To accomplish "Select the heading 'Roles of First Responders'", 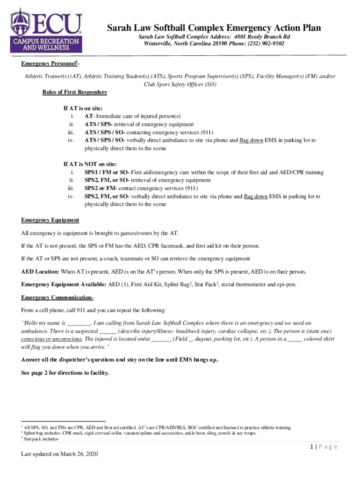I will pos(75,92).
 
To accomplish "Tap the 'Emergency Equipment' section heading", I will pos(50,220).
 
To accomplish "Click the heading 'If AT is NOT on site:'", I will pos(90,164).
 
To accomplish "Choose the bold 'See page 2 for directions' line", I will pos(65,373).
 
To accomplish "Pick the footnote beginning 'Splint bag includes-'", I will pos(140,433).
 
